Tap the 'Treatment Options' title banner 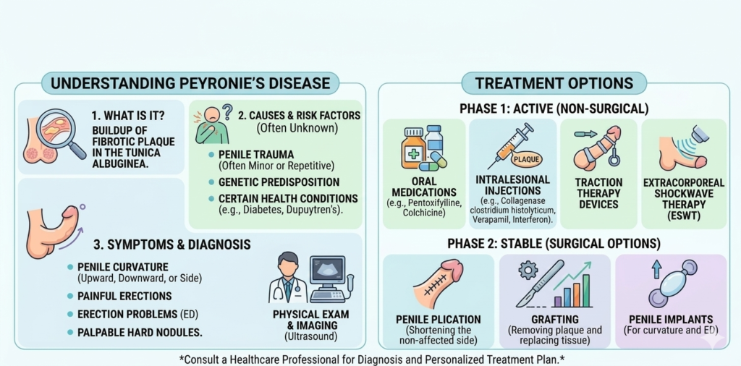point(554,82)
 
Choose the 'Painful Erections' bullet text point(124,296)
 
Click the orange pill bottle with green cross point(414,149)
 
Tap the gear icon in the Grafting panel point(525,269)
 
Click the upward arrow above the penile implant point(656,268)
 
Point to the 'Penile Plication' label point(438,319)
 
